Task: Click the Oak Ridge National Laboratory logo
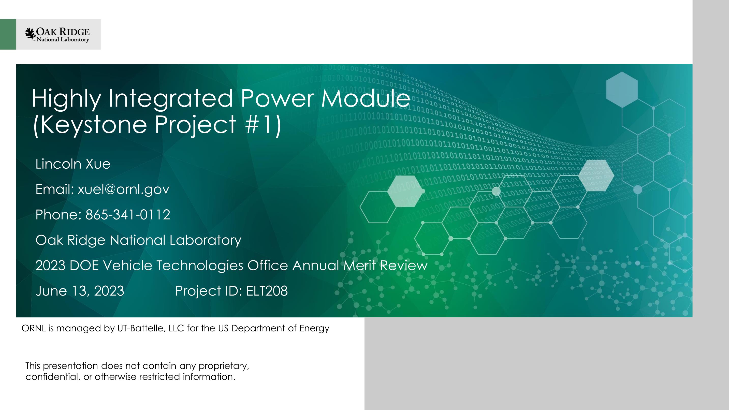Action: [x=57, y=35]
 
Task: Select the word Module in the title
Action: [x=365, y=98]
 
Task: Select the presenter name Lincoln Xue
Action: [x=73, y=164]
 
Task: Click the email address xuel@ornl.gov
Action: [x=123, y=189]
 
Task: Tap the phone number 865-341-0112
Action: [x=128, y=214]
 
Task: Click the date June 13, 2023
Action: [x=80, y=291]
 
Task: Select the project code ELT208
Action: [x=267, y=291]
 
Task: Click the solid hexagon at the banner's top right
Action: [x=622, y=90]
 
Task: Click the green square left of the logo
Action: [x=8, y=34]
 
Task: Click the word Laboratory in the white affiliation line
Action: [x=205, y=240]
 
